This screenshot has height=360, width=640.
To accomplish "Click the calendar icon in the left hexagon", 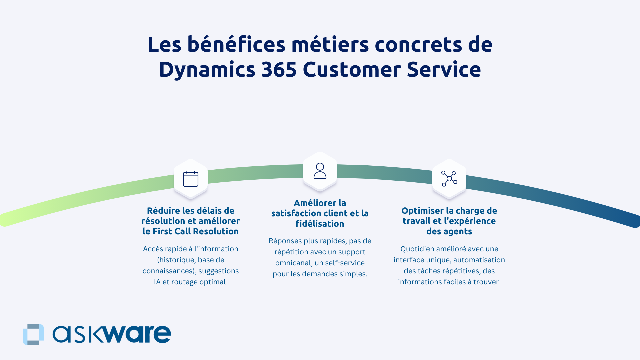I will pos(191,179).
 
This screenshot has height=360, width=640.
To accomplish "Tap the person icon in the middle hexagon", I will pos(320,171).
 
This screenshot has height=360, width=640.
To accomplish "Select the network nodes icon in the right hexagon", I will pos(449,179).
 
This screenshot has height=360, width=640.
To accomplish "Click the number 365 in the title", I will pos(279,70).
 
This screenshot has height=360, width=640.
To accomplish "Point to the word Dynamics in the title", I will pos(207,70).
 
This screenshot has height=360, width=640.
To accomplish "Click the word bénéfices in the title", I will pos(236,44).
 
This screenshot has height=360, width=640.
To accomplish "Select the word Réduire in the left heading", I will pos(163,211).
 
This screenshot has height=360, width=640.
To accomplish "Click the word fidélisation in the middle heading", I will pos(320,224).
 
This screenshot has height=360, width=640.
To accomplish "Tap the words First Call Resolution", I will pos(195,231).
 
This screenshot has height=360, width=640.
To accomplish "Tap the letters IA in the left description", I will pos(157,282).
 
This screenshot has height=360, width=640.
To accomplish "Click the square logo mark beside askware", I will pos(33,334).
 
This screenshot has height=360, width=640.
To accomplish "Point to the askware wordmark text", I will pos(112,334).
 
